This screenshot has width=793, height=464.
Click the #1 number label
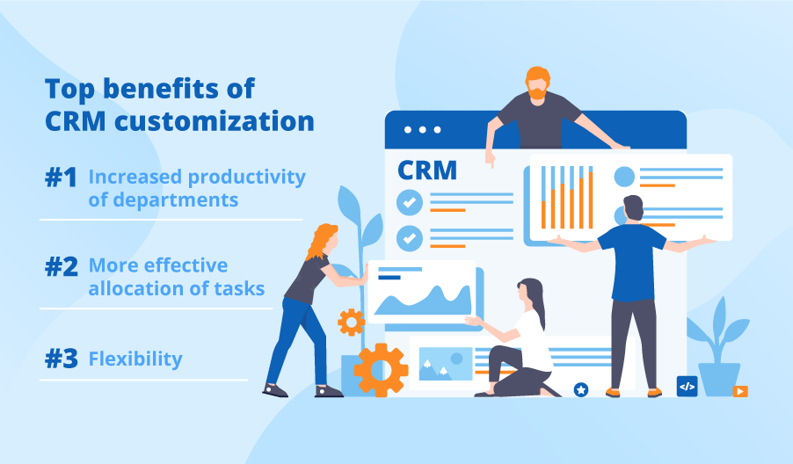(x=62, y=178)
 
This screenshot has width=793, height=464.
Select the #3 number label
(x=62, y=359)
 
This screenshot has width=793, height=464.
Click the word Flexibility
(x=135, y=359)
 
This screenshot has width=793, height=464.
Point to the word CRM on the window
(x=427, y=170)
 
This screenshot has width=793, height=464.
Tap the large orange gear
(x=381, y=369)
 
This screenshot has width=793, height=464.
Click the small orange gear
(x=351, y=323)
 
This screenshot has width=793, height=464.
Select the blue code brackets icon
(x=687, y=386)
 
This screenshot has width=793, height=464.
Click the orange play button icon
(x=740, y=390)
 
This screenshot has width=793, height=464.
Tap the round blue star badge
(x=580, y=388)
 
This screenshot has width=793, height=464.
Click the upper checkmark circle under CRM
(x=409, y=202)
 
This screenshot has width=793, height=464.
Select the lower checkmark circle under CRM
(x=409, y=237)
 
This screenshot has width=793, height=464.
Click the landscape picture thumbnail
(x=445, y=362)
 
